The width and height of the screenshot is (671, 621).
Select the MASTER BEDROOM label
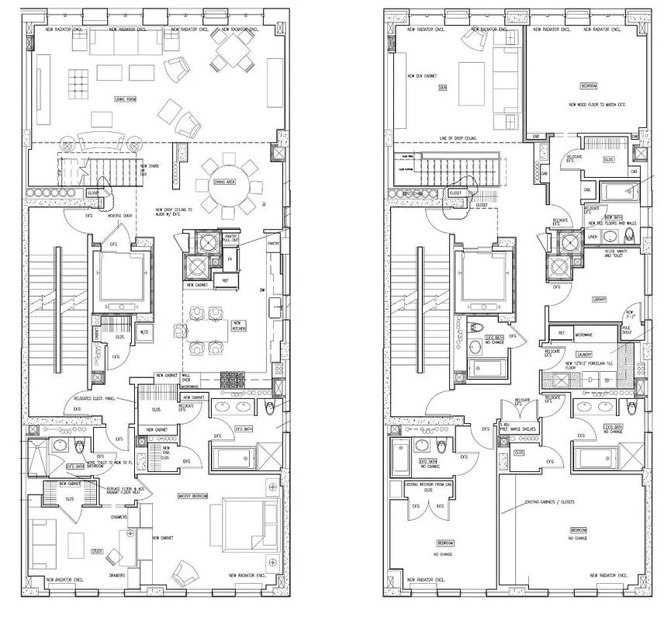192,496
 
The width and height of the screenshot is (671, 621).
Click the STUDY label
97,552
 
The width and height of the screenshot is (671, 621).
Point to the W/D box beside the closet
143,333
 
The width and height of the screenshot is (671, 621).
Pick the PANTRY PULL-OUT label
230,238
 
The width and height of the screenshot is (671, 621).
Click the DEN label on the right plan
443,88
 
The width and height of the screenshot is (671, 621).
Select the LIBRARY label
599,299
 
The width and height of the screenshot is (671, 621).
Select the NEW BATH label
614,218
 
